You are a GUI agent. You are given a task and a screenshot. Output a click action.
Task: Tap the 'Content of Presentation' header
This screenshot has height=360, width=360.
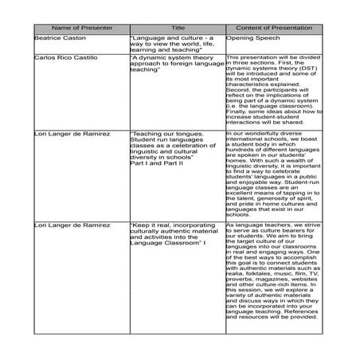(x=275, y=26)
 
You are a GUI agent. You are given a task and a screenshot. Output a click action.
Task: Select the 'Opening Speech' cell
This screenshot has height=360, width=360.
(x=253, y=38)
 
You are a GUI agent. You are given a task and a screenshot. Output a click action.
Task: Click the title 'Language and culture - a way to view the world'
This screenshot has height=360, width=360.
(x=174, y=43)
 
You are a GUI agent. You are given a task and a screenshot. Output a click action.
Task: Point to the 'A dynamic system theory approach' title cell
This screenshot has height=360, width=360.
(x=174, y=64)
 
